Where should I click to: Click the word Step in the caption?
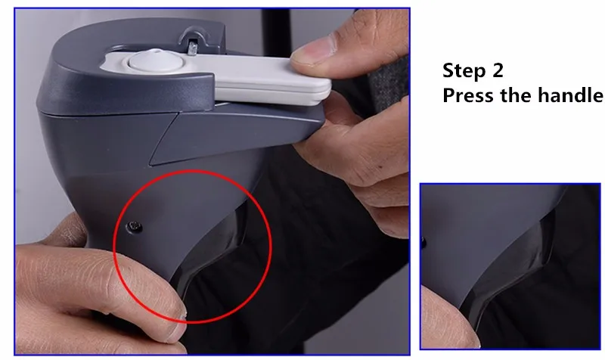[x=463, y=71]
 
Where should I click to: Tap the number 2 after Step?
[x=497, y=71]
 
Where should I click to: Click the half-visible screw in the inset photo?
[x=423, y=243]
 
